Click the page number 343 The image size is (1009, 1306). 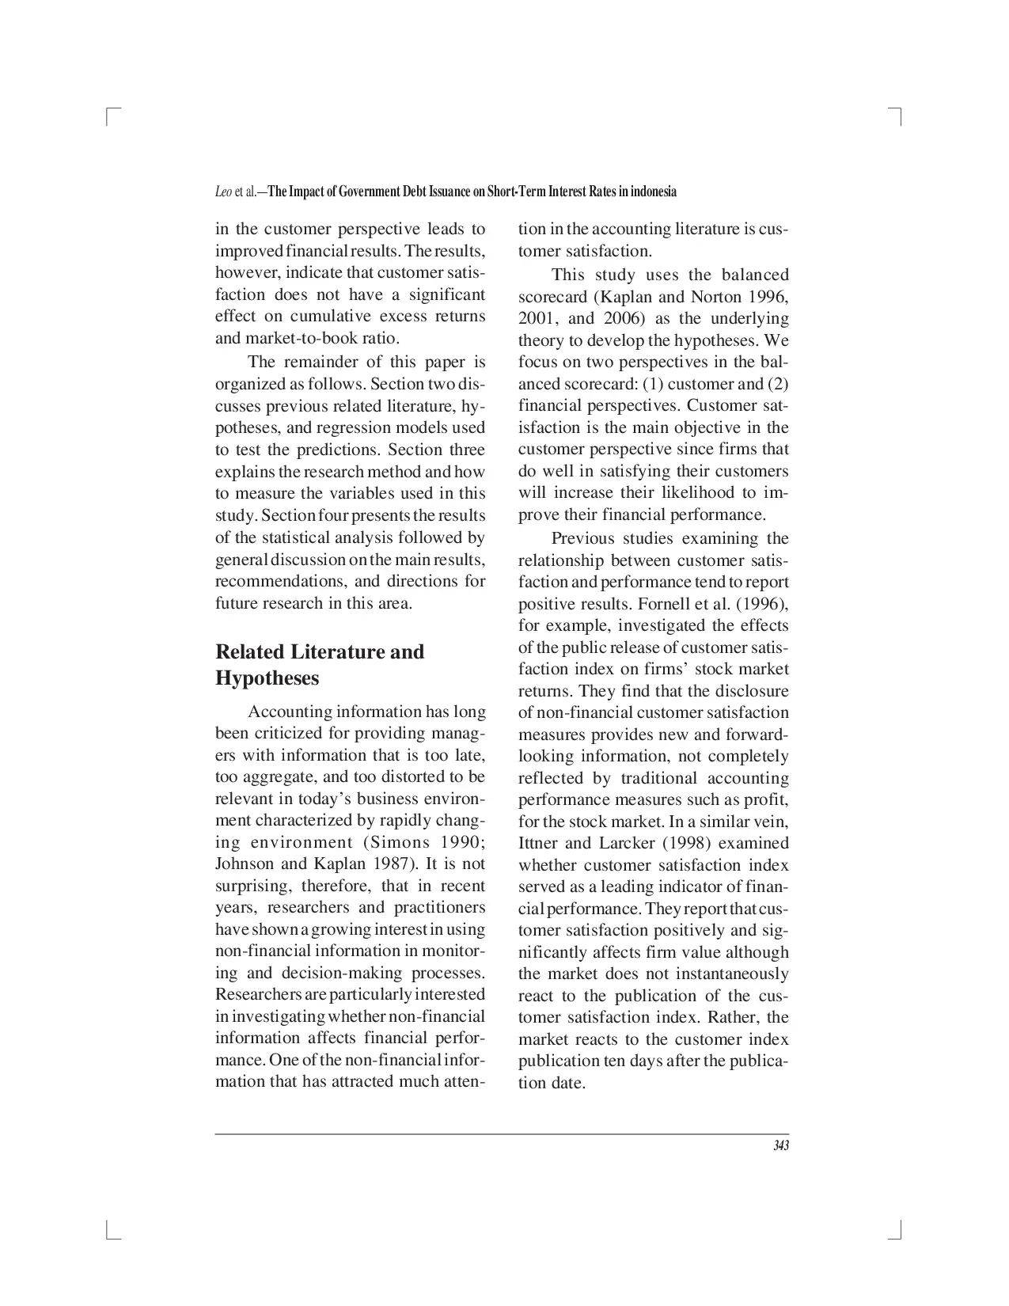click(x=780, y=1146)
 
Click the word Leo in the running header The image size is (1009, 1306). click(x=223, y=192)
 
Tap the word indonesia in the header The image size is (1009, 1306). click(x=653, y=192)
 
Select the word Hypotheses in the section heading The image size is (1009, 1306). click(x=267, y=678)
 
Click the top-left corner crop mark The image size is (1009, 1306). click(x=111, y=116)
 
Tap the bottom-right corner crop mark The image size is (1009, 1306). click(x=898, y=1231)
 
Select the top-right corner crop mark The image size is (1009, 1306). click(x=898, y=116)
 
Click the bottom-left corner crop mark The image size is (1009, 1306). click(x=111, y=1231)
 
